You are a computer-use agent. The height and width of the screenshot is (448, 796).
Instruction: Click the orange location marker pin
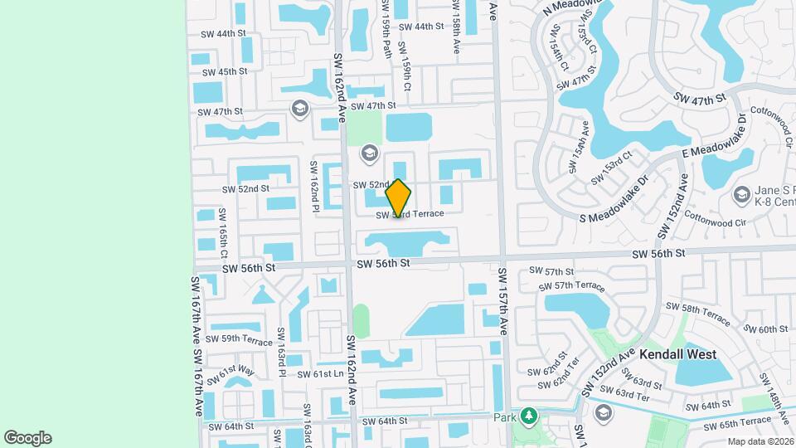tap(398, 197)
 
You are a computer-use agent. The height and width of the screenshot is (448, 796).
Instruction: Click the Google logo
tap(27, 438)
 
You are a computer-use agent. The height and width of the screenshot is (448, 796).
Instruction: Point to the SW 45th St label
tap(222, 71)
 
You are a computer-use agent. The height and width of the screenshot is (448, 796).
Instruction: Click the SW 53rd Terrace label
tap(410, 214)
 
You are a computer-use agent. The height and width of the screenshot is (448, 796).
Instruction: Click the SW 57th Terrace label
tap(571, 286)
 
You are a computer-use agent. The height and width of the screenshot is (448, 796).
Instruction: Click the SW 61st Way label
tap(230, 373)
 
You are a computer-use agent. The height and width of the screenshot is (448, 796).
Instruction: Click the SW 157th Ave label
tap(502, 300)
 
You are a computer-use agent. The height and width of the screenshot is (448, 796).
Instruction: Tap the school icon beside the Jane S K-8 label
tap(741, 194)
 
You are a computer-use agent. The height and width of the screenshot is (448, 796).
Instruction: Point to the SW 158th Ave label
tap(456, 27)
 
